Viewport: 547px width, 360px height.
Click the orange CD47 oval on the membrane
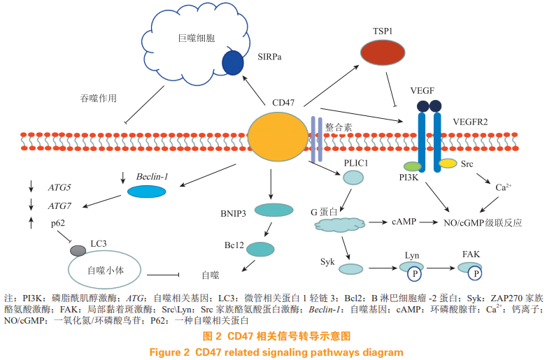[x=278, y=136]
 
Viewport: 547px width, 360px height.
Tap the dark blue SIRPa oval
[x=233, y=63]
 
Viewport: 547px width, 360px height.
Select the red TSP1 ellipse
[x=383, y=52]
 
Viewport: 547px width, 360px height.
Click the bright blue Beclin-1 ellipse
[x=146, y=192]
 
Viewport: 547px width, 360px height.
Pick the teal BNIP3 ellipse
[x=273, y=210]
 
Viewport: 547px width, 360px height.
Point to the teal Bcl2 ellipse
[x=260, y=249]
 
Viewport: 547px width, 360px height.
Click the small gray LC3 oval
[x=78, y=250]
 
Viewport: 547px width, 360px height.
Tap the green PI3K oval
[x=413, y=166]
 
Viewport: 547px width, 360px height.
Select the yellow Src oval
[x=448, y=163]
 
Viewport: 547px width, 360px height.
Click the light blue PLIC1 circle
[x=353, y=178]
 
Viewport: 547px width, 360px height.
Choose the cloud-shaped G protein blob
[x=340, y=224]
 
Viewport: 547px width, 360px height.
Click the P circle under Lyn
[x=414, y=274]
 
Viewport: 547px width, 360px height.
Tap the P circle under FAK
[x=475, y=273]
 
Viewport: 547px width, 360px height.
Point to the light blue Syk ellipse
[x=351, y=269]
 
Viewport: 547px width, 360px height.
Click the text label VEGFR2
[x=470, y=122]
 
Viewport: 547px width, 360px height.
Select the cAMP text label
[x=404, y=222]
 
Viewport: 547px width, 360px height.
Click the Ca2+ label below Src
[x=504, y=187]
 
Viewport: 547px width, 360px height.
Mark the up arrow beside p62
[x=31, y=223]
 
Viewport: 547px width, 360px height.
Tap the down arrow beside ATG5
[x=31, y=186]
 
